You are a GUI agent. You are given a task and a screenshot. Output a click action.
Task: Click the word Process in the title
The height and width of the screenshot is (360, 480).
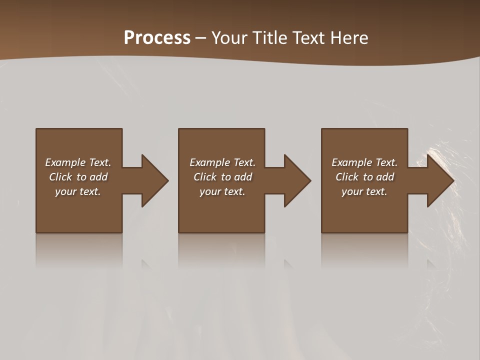157,38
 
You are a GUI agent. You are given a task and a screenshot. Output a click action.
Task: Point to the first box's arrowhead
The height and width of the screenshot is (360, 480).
154,180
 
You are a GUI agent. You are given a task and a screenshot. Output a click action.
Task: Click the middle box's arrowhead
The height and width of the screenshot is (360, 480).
296,180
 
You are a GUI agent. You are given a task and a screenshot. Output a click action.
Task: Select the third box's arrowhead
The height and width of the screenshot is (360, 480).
439,180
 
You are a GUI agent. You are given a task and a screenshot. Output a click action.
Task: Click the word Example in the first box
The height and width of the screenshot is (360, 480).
65,162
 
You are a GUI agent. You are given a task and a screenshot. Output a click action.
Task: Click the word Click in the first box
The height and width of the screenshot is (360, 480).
60,177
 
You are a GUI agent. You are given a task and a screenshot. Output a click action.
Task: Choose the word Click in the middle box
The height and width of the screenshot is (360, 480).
204,177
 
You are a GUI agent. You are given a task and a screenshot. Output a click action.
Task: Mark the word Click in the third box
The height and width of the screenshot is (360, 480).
346,177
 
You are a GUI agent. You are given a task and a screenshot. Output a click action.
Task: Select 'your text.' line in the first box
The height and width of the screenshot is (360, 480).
78,191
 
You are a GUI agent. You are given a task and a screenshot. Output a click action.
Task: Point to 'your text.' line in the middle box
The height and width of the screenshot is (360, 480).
222,191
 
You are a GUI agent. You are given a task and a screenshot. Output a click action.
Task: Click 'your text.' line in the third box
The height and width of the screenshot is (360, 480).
364,191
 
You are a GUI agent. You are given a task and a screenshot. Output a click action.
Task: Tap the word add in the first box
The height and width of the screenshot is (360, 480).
98,177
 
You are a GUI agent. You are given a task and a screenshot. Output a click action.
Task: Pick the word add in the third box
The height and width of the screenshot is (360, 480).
385,177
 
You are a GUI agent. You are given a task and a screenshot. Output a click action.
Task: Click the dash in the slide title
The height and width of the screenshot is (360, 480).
201,38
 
